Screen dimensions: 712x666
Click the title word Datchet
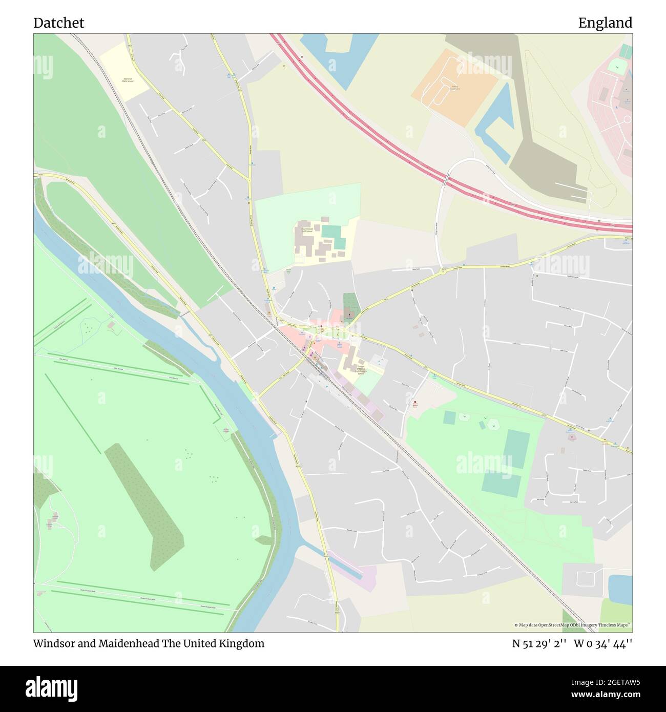(x=59, y=23)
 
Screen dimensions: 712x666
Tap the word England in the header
(x=605, y=23)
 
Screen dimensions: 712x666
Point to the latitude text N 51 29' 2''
(x=539, y=643)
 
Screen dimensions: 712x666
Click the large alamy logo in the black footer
(x=52, y=686)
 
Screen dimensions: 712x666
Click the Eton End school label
(x=128, y=80)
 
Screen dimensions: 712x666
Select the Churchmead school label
(x=306, y=230)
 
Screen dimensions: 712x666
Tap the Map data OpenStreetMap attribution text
(x=573, y=625)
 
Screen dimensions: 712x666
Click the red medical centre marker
(x=415, y=403)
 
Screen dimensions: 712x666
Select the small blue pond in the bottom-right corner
(x=620, y=589)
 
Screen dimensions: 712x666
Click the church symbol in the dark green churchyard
(x=349, y=315)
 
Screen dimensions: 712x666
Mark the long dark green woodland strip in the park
(x=144, y=502)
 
